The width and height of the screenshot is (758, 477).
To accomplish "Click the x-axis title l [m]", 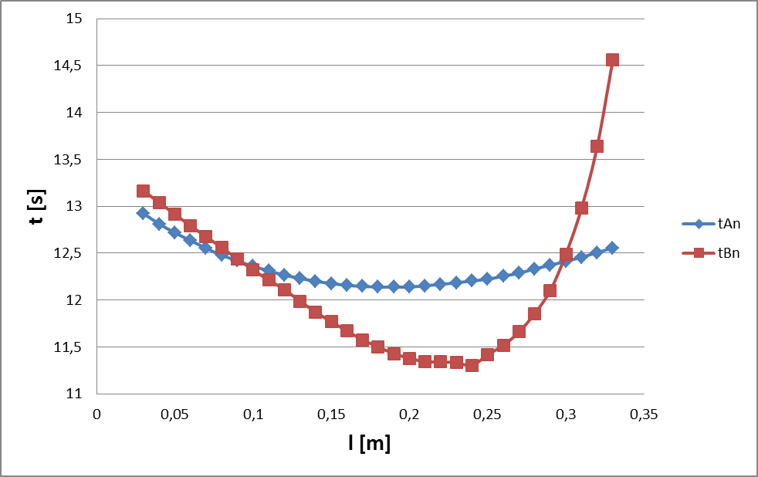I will pyautogui.click(x=369, y=444).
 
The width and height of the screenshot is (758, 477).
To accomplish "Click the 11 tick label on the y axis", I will pyautogui.click(x=73, y=394).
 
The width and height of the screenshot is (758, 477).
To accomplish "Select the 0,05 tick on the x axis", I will pyautogui.click(x=174, y=414).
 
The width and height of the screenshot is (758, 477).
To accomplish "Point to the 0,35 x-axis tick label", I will pyautogui.click(x=644, y=414).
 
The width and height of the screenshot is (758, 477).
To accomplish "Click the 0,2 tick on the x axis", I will pyautogui.click(x=409, y=414).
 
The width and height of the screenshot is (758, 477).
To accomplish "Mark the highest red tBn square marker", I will pyautogui.click(x=612, y=59).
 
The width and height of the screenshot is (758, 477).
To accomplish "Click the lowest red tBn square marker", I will pyautogui.click(x=472, y=365).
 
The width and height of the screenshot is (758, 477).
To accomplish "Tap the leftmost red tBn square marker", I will pyautogui.click(x=143, y=191).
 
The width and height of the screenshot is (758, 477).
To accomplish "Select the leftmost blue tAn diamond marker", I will pyautogui.click(x=143, y=213).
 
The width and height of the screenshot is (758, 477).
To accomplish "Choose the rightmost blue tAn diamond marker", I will pyautogui.click(x=612, y=248).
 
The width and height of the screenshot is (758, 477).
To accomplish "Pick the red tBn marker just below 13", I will pyautogui.click(x=581, y=208).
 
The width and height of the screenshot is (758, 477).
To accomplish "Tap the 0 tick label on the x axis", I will pyautogui.click(x=96, y=414).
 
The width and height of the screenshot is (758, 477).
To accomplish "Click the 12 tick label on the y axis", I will pyautogui.click(x=73, y=300).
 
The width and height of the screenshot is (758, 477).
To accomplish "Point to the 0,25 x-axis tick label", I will pyautogui.click(x=487, y=414).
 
